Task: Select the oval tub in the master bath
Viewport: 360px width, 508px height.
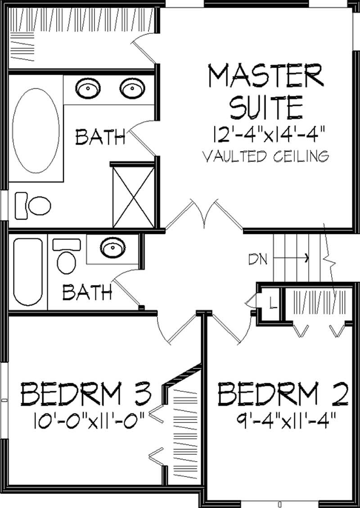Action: (x=36, y=131)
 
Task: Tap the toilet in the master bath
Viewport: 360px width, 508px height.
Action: (x=34, y=205)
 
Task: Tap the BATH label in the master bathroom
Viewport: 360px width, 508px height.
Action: (x=100, y=137)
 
